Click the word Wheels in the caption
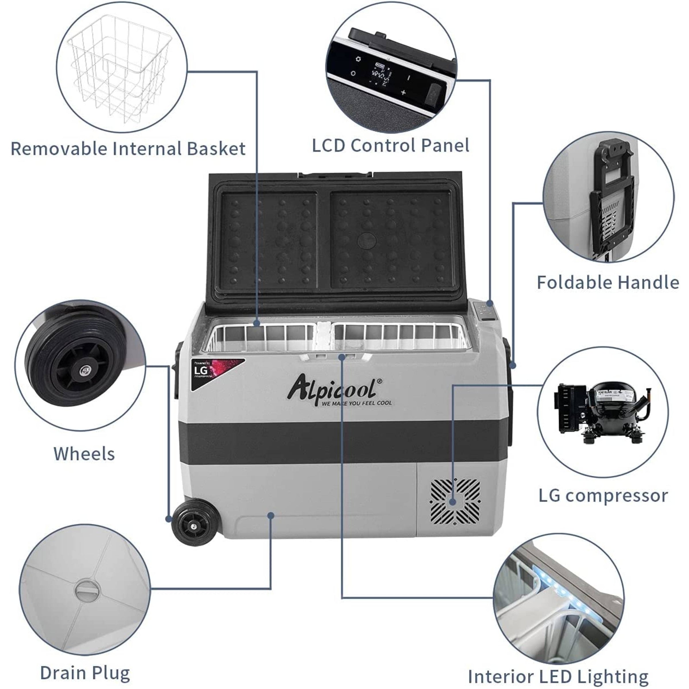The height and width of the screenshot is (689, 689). (x=84, y=454)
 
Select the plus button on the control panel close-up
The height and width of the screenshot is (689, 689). (x=403, y=93)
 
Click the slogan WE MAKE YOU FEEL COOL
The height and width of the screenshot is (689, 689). (x=356, y=403)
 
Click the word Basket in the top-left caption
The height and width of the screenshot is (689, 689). (x=216, y=149)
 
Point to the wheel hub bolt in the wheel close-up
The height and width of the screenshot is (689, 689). (x=85, y=369)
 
